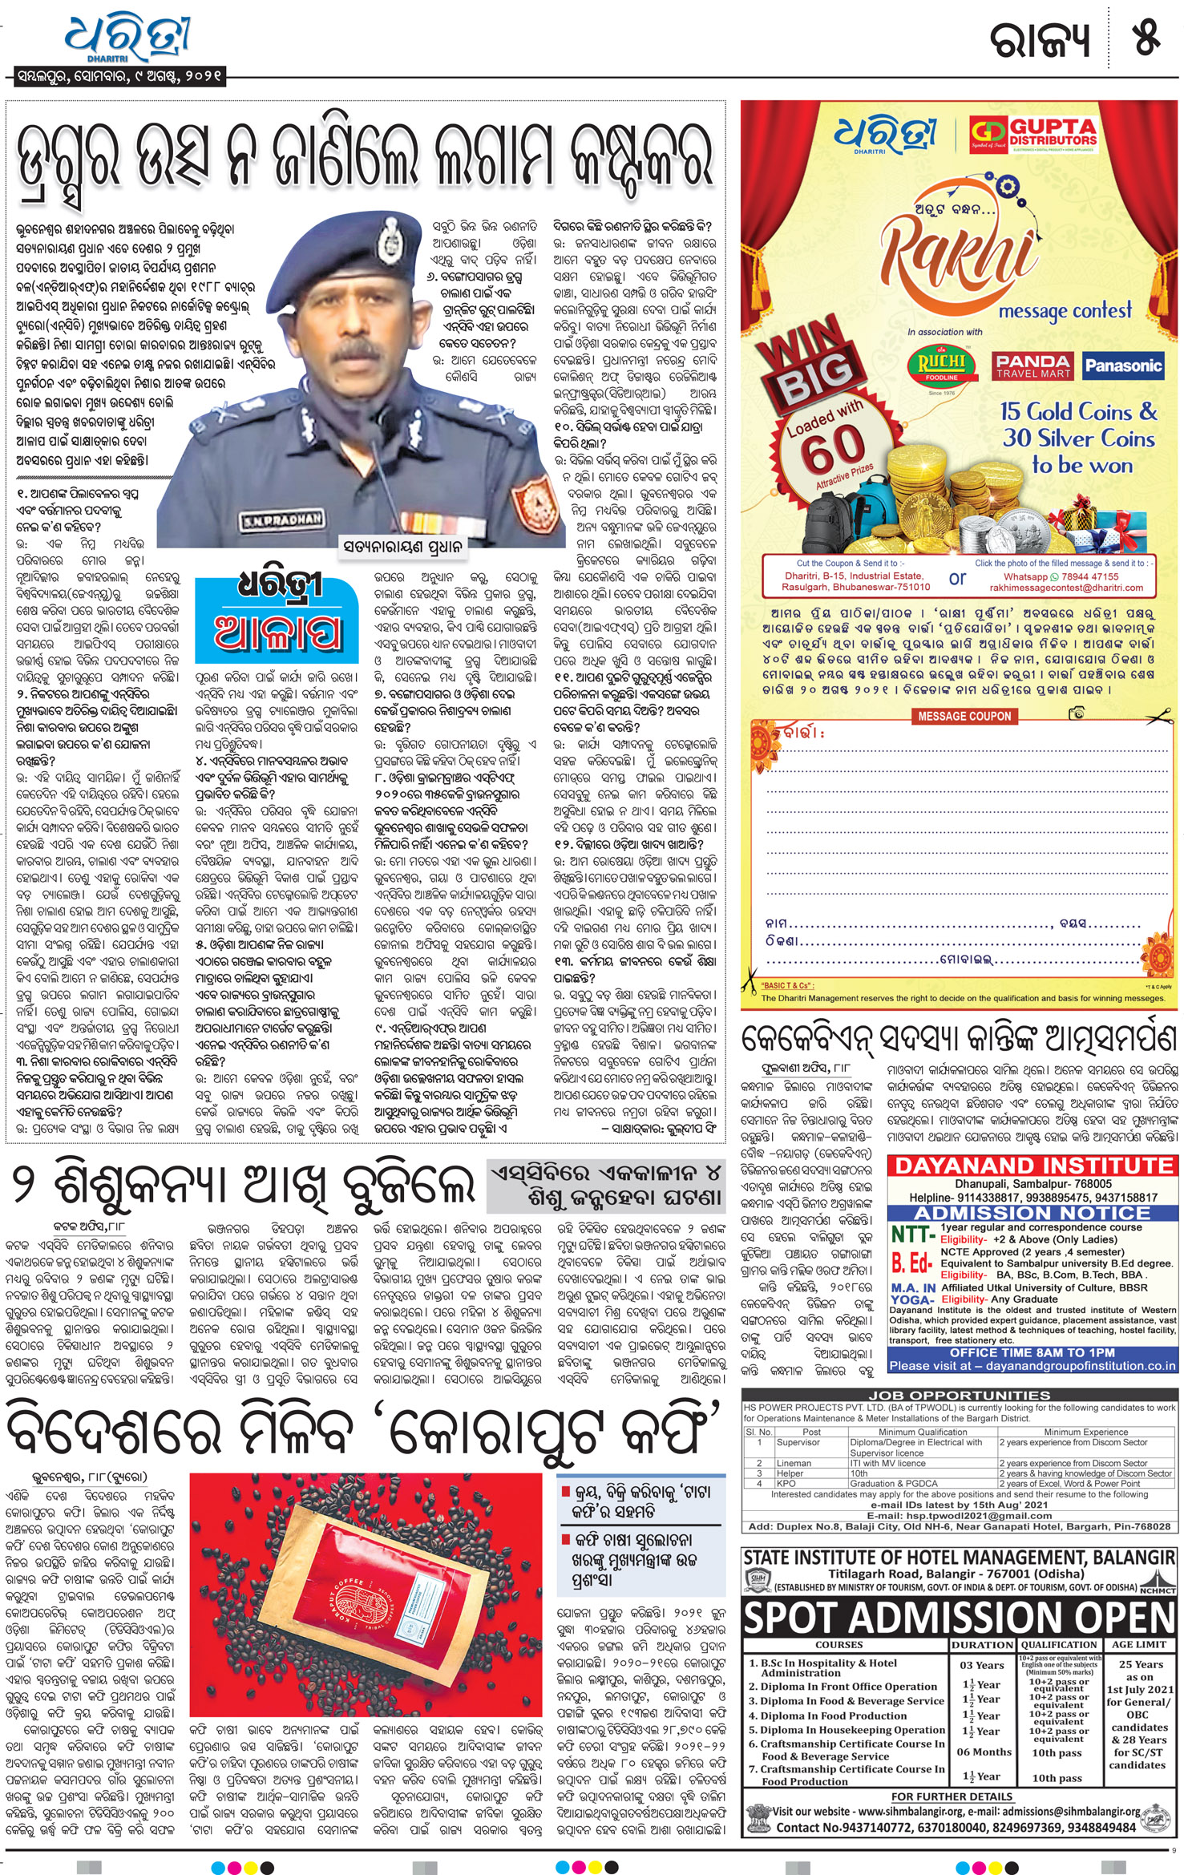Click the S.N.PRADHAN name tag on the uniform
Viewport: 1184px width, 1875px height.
(283, 519)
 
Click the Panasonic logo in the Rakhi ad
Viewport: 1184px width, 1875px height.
(1122, 366)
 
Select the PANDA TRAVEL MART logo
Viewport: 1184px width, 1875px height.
(1032, 366)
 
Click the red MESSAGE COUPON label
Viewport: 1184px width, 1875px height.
(964, 716)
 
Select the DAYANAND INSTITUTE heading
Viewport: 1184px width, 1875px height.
(1032, 1166)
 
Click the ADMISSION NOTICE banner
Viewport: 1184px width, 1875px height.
(1032, 1213)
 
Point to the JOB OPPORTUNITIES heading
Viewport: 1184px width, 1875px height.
(960, 1396)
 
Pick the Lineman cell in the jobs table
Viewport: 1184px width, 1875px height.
(794, 1463)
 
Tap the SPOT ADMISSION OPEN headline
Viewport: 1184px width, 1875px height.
(960, 1618)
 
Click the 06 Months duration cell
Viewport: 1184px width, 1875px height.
(984, 1752)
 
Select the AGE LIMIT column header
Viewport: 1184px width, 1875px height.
(1139, 1644)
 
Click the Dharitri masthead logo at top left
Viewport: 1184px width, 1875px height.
(128, 38)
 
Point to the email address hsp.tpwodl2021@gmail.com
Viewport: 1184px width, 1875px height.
(960, 1516)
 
